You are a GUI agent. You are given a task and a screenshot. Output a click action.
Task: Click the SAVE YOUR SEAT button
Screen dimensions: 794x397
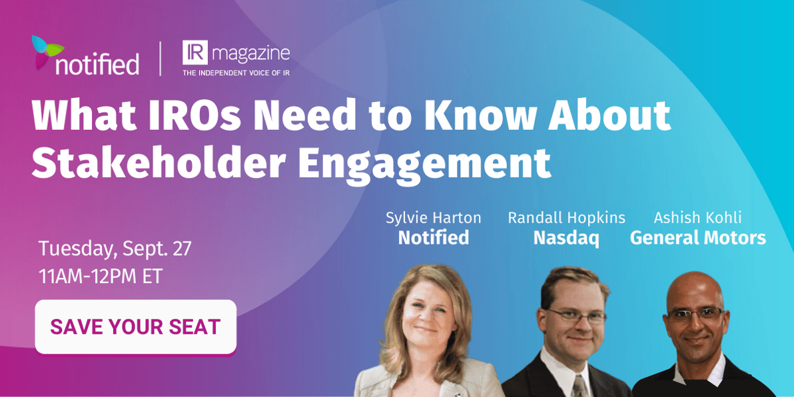[x=135, y=326]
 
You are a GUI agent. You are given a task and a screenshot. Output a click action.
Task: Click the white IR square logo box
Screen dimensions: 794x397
[x=195, y=53]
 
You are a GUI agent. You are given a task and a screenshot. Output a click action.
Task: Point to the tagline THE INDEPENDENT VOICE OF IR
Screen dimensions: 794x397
[x=236, y=73]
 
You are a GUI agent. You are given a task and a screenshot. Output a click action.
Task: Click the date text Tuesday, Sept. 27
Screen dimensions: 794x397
[x=115, y=250]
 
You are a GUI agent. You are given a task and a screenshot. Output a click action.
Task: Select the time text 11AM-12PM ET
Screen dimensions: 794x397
[x=101, y=277]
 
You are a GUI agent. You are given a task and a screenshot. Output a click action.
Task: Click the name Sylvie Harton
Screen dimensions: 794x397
[x=434, y=218]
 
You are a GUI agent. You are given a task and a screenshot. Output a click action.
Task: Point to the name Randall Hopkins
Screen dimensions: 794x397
[x=567, y=218]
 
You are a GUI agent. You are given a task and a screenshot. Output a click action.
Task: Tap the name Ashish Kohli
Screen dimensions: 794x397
[x=698, y=218]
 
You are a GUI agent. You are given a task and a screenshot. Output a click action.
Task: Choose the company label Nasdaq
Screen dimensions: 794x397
[x=566, y=238]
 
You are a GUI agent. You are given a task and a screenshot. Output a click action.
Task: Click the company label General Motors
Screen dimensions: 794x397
[x=698, y=237]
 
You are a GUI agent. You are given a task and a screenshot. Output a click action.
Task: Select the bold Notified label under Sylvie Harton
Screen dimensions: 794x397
[x=434, y=237]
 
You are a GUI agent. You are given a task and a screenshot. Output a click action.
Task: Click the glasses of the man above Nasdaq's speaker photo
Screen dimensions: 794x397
[x=576, y=316]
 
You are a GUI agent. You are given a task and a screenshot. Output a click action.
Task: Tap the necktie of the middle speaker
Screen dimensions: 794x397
[x=578, y=386]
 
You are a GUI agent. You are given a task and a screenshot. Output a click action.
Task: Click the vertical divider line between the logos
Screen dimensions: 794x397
[x=161, y=59]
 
